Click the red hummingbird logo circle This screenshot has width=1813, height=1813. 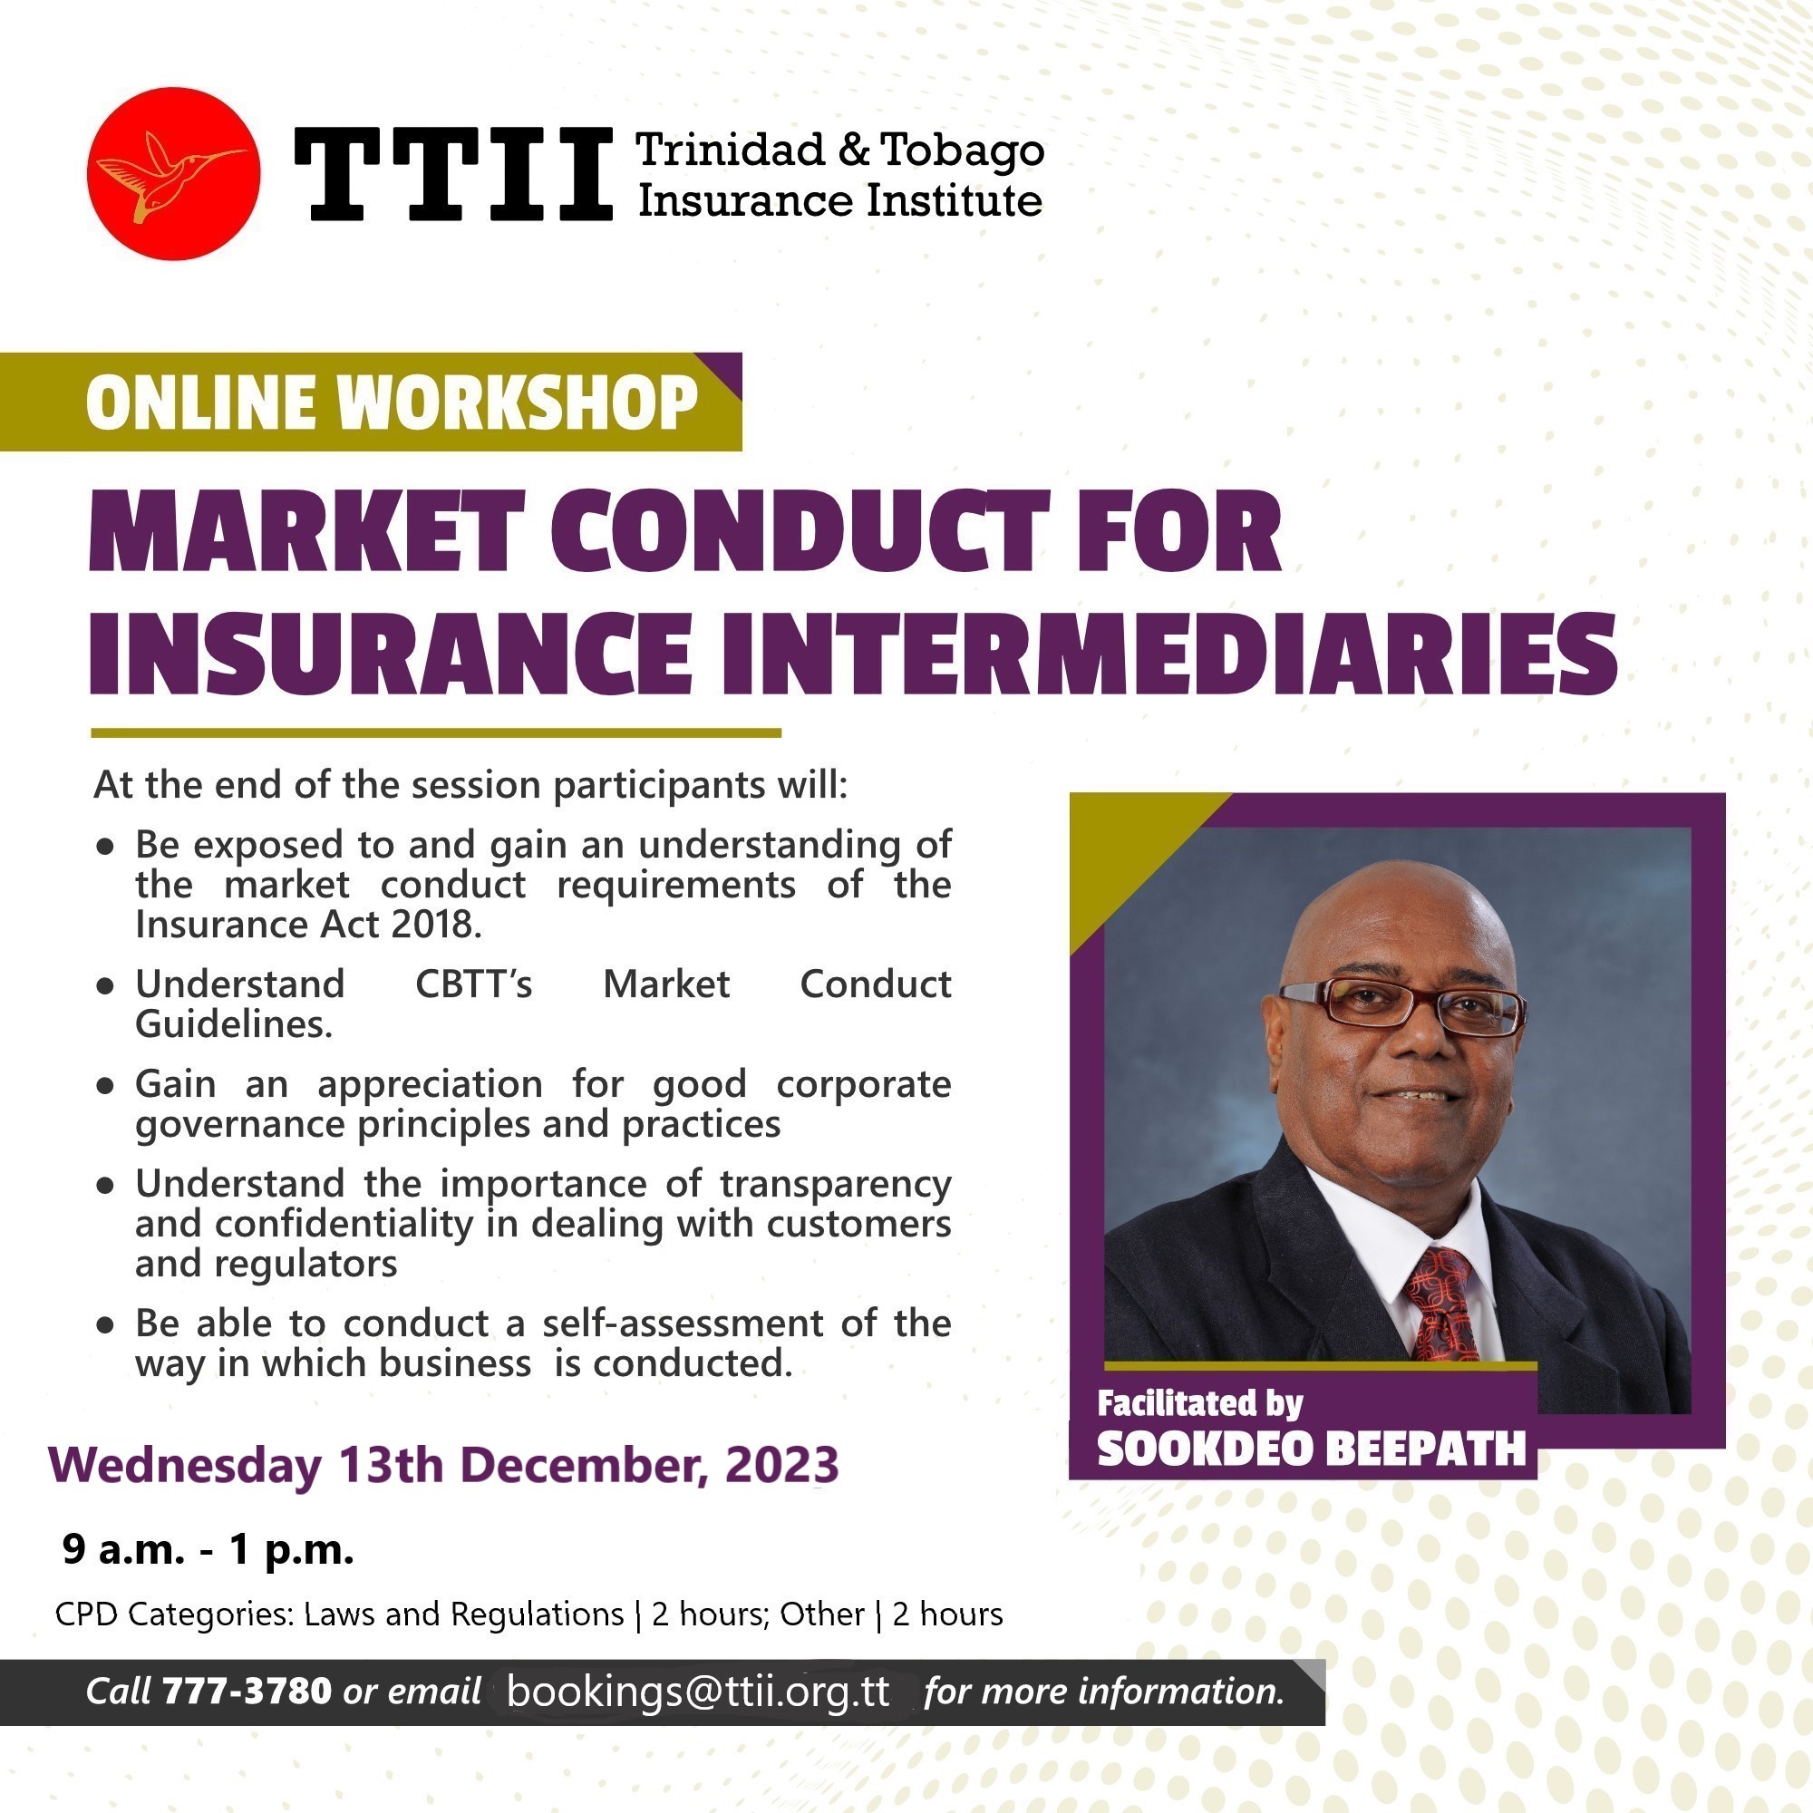pyautogui.click(x=174, y=174)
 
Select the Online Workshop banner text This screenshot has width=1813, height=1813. pyautogui.click(x=393, y=402)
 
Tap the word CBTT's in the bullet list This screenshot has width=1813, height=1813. pyautogui.click(x=474, y=984)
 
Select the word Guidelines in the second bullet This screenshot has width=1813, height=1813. pyautogui.click(x=234, y=1023)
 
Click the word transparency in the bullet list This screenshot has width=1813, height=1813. pyautogui.click(x=836, y=1185)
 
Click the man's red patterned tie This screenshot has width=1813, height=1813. pyautogui.click(x=1440, y=1304)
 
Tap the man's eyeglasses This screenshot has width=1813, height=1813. pyautogui.click(x=1403, y=1006)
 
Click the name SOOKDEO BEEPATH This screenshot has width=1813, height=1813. pyautogui.click(x=1312, y=1448)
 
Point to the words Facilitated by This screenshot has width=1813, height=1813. pyautogui.click(x=1200, y=1403)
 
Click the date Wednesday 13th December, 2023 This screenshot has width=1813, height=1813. pyautogui.click(x=444, y=1465)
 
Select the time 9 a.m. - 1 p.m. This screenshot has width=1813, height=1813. pyautogui.click(x=208, y=1550)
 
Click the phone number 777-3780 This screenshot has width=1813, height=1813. pyautogui.click(x=247, y=1691)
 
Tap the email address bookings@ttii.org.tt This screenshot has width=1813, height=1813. pyautogui.click(x=698, y=1691)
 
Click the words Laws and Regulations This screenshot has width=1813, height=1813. pyautogui.click(x=463, y=1614)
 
